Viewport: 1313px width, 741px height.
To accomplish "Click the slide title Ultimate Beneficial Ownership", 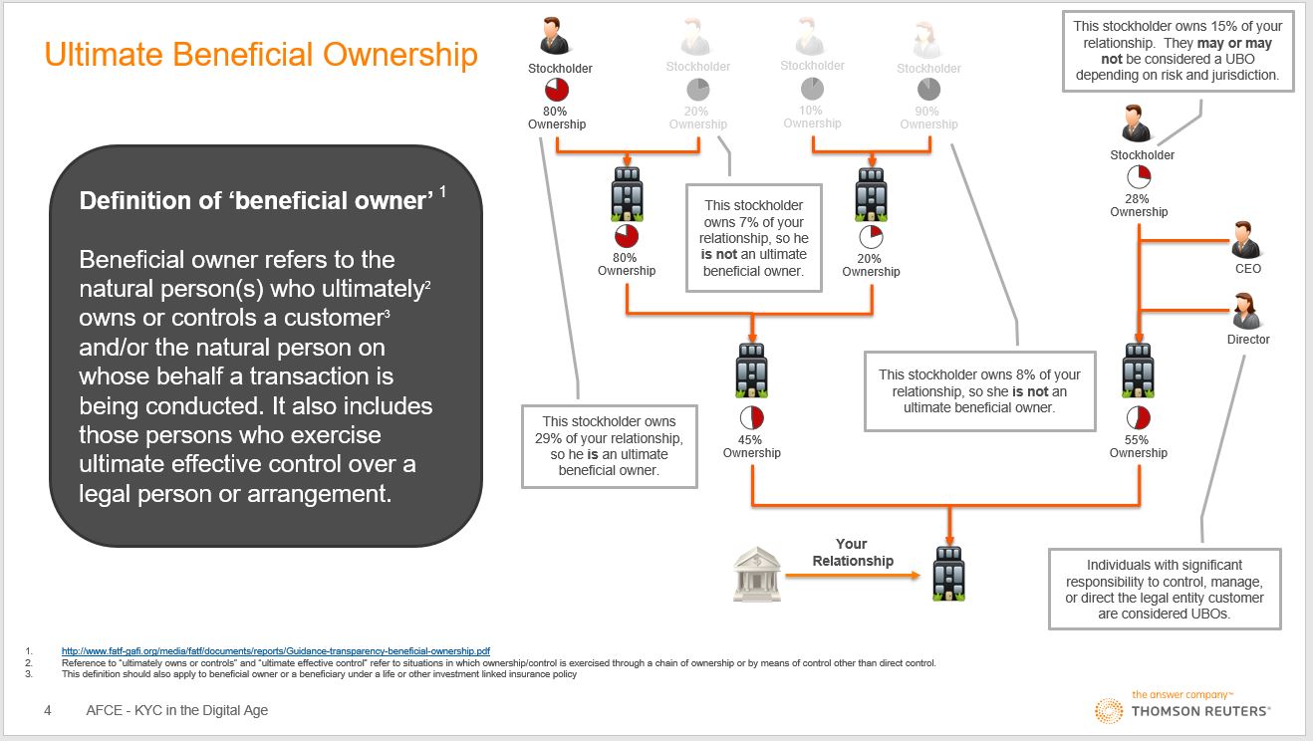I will [261, 54].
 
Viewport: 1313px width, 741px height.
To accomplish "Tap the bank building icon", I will [758, 575].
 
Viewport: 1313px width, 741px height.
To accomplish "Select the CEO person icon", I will [1246, 241].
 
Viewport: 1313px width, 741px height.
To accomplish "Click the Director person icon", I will [1246, 311].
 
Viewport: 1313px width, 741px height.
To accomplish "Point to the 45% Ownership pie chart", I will [751, 417].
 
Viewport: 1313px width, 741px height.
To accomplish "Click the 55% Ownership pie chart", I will [1138, 417].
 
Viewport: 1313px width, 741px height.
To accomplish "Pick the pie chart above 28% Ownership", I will [1139, 178].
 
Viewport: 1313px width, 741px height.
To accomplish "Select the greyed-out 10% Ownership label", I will [812, 117].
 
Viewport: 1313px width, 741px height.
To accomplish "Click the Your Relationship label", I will [852, 552].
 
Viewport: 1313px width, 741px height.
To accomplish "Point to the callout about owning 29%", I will [610, 445].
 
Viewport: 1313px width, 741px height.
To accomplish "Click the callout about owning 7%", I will [753, 238].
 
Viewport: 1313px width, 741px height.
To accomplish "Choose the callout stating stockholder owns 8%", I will [979, 390].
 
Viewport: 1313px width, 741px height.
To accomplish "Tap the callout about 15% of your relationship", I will [1179, 53].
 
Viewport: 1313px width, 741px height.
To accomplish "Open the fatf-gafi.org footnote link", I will [276, 650].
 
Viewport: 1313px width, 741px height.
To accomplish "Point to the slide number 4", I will [48, 710].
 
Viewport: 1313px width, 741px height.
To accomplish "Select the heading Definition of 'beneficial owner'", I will [257, 200].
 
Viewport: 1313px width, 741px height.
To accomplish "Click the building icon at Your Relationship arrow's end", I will [947, 574].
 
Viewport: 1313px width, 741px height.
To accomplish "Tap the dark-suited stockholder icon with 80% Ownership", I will [555, 38].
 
